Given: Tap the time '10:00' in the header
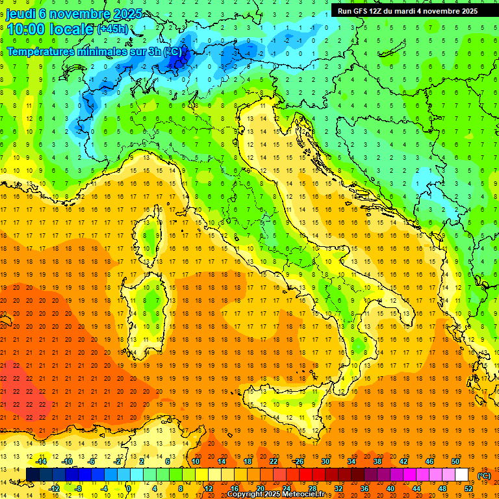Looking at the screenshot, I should (27, 29).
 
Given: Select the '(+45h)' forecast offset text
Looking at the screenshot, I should (112, 29).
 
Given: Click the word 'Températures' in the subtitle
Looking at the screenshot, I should (40, 51).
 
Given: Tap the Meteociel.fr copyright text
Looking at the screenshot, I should (280, 494).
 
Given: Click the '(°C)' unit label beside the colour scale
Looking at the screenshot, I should (484, 476).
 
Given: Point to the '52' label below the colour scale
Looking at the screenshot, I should (468, 488).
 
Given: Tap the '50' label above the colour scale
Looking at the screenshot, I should (455, 461).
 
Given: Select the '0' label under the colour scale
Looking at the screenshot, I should (129, 488).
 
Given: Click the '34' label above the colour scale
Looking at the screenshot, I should (352, 461).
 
